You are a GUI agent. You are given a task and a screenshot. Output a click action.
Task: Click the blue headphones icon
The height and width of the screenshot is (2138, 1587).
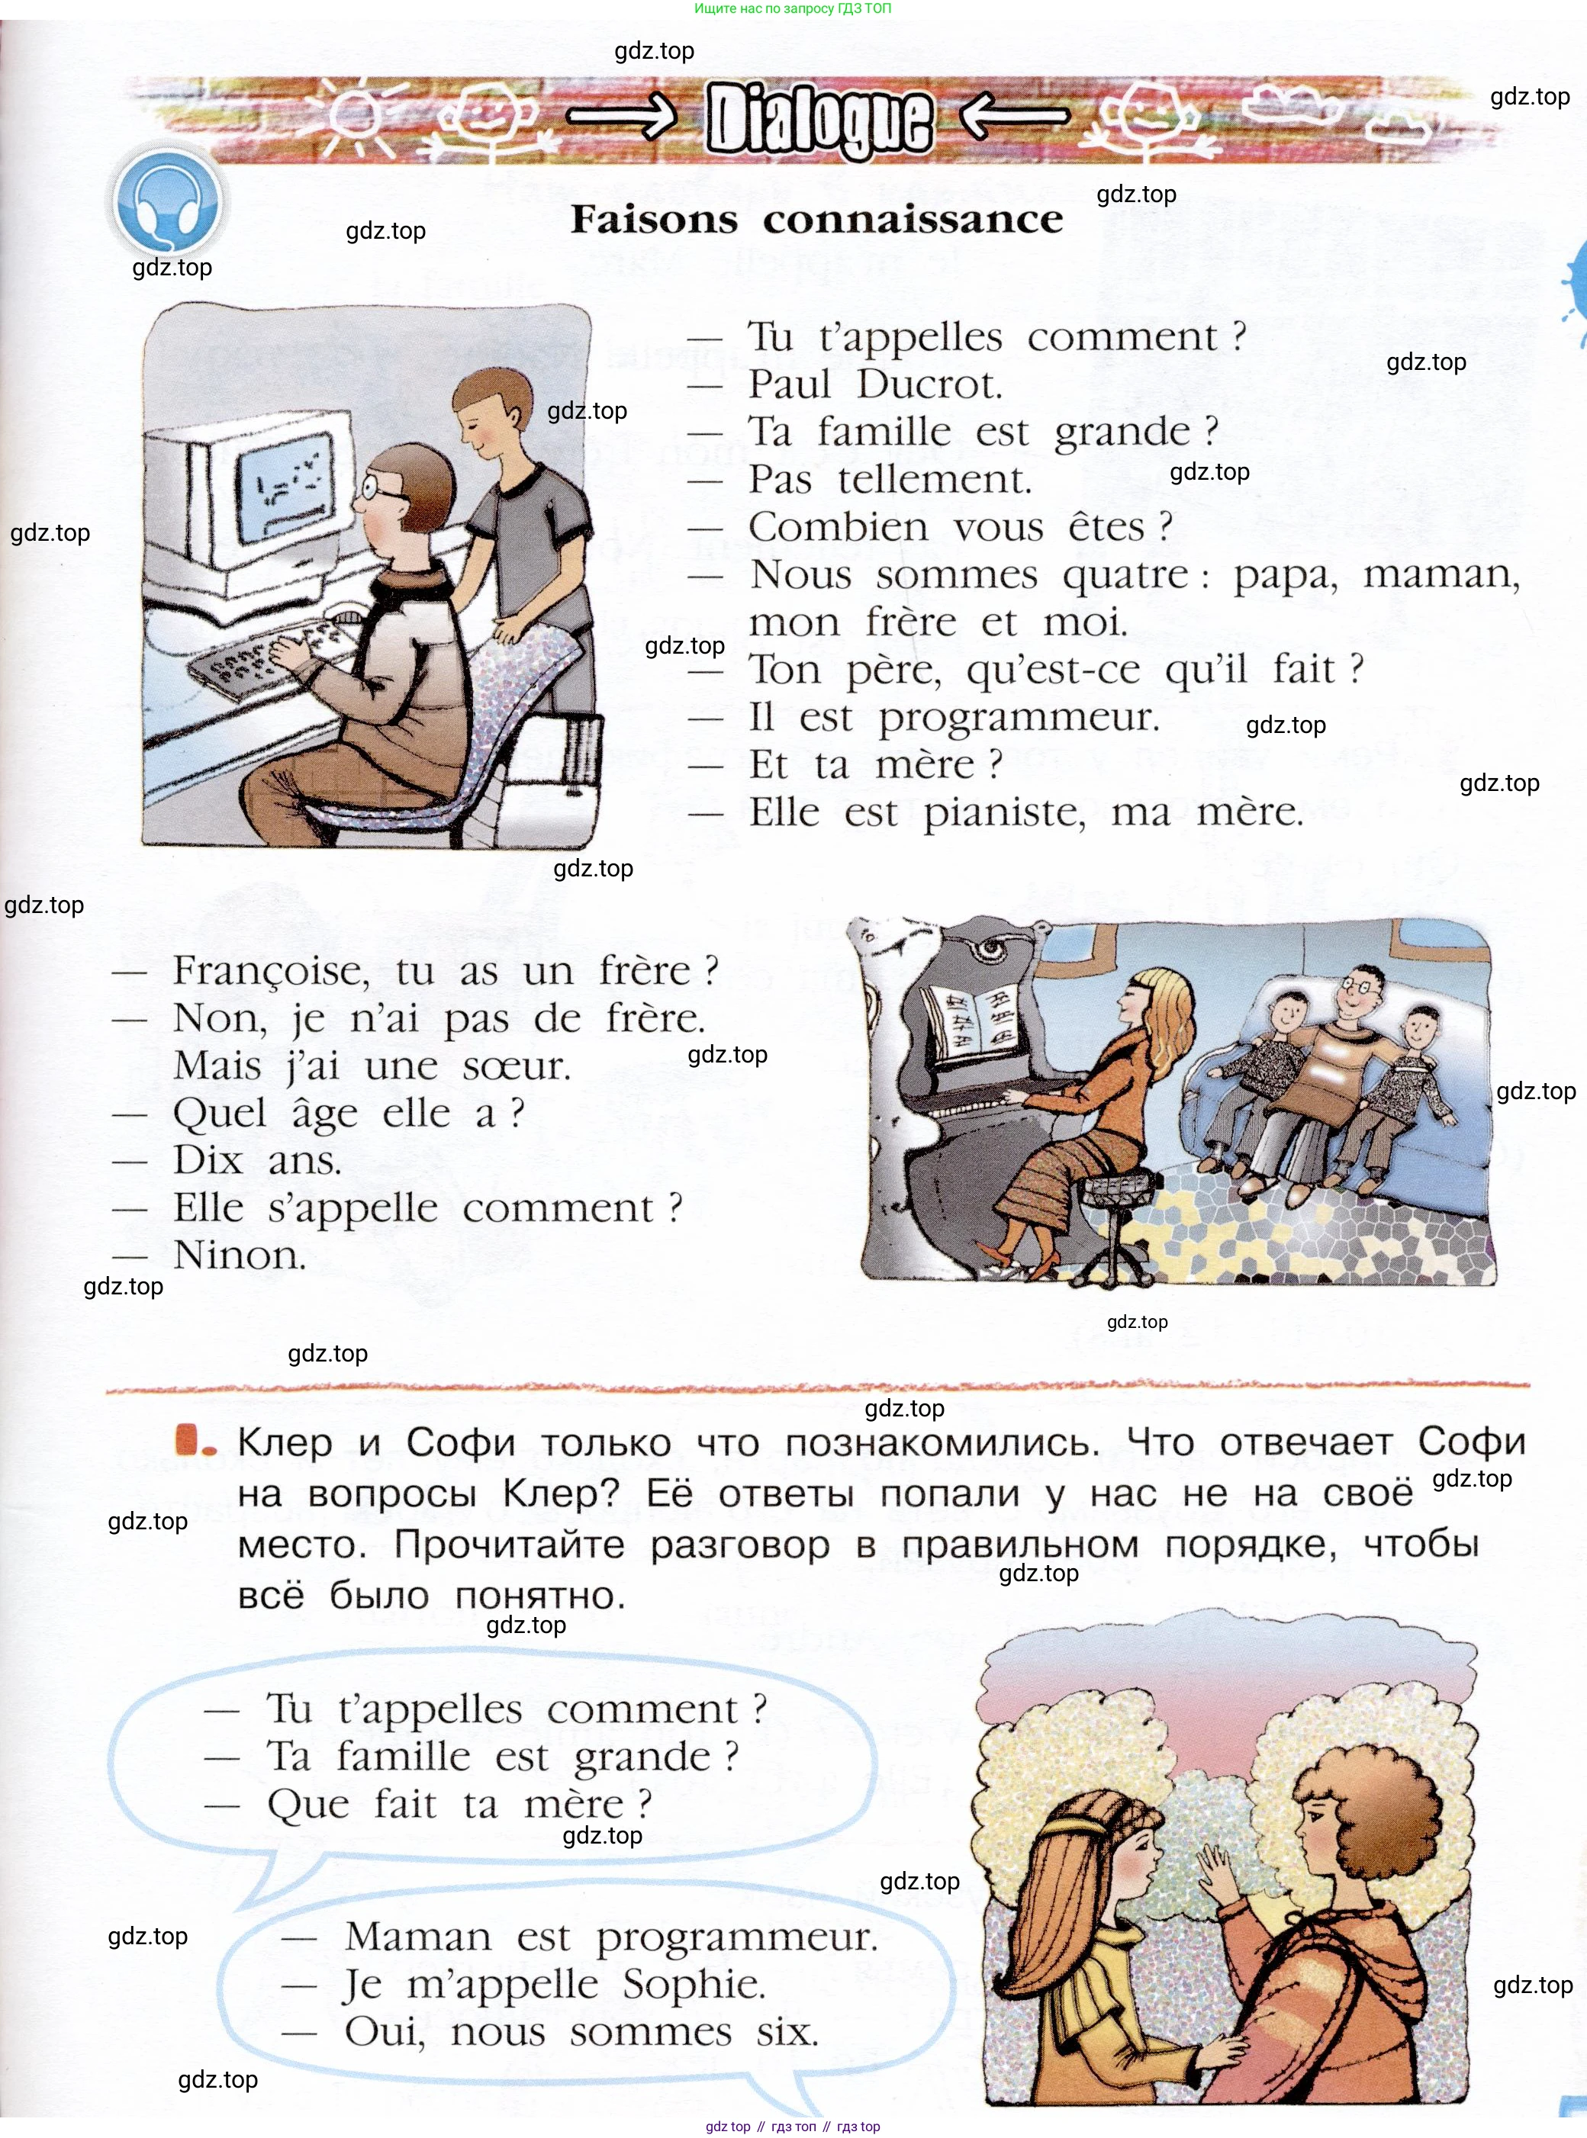(x=166, y=204)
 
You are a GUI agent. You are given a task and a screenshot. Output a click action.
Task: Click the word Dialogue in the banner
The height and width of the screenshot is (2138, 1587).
(x=819, y=119)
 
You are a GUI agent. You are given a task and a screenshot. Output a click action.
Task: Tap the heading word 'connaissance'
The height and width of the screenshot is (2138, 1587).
(x=913, y=220)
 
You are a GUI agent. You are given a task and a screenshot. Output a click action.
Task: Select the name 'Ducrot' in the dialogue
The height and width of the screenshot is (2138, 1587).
(x=929, y=384)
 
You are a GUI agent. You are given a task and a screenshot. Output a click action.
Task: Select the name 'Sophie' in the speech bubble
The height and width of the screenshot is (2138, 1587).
(x=694, y=1985)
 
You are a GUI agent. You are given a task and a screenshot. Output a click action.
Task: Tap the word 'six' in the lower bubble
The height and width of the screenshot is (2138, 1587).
(x=787, y=2032)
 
